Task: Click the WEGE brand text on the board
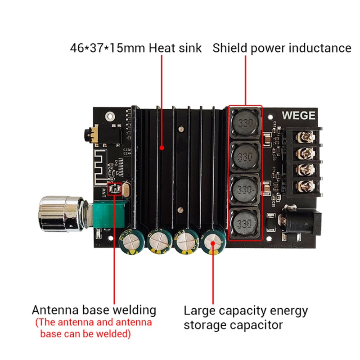click(x=298, y=115)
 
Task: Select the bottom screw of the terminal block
click(x=307, y=185)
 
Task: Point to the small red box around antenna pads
click(x=114, y=189)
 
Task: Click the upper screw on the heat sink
click(x=180, y=130)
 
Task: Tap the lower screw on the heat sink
click(x=180, y=210)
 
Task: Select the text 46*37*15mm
click(x=106, y=48)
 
